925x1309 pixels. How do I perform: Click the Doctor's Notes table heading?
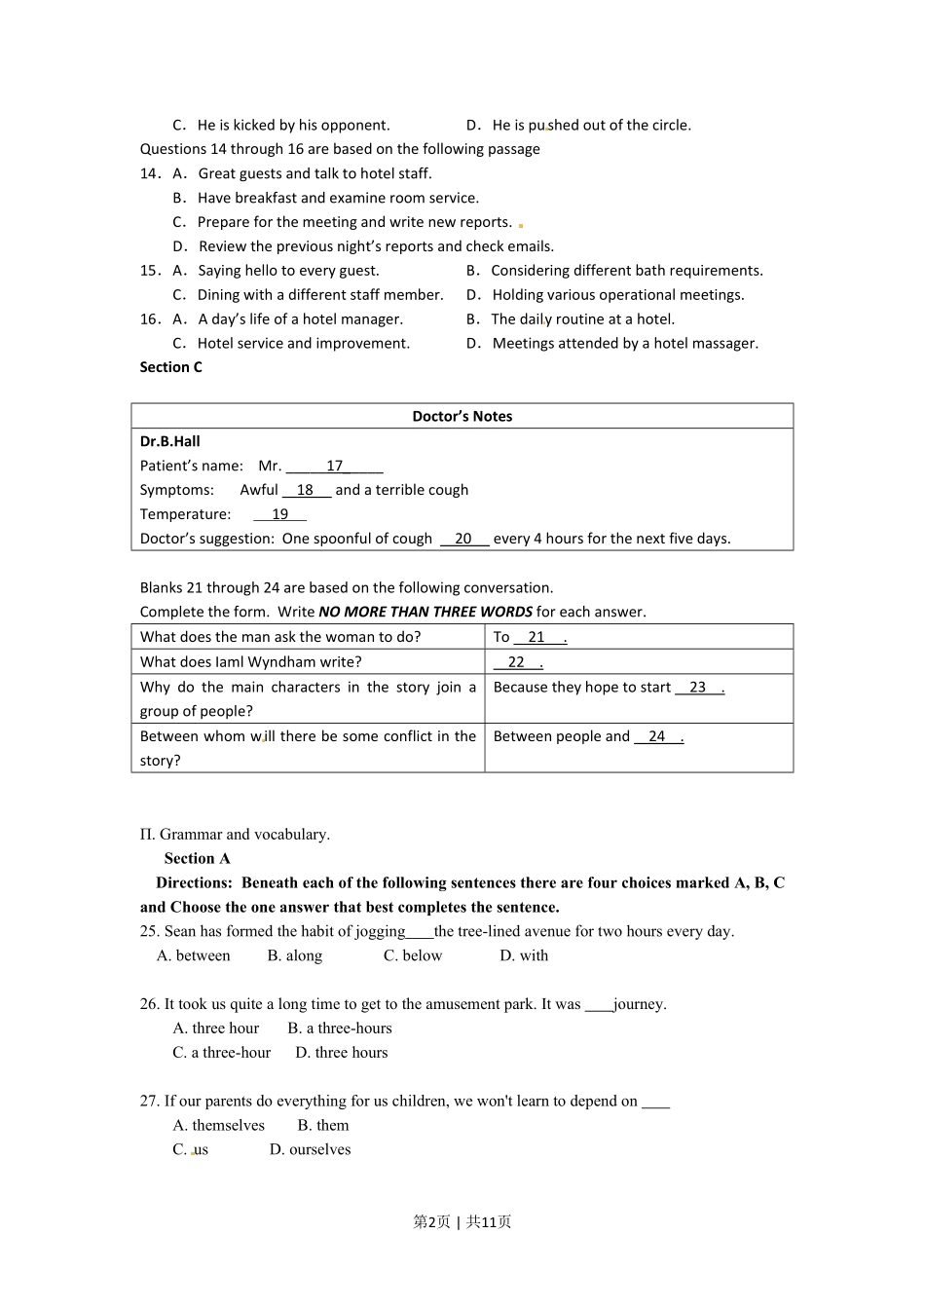coord(462,416)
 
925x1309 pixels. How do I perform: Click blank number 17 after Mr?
coord(334,466)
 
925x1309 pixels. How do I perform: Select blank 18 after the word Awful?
coord(306,490)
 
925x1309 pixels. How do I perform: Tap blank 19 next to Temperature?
coord(279,514)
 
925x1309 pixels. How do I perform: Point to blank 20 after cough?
coord(463,539)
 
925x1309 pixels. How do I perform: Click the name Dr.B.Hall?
coord(170,441)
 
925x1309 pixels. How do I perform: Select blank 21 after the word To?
coord(537,637)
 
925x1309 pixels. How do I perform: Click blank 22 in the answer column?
coord(517,662)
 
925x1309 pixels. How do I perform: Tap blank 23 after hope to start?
coord(698,687)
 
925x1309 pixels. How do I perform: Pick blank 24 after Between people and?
coord(657,736)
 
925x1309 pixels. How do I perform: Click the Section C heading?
coord(171,367)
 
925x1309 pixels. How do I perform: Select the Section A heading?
coord(198,858)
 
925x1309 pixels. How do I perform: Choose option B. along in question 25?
coord(295,955)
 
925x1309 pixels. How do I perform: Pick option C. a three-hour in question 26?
coord(222,1052)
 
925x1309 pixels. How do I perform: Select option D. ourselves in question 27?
coord(310,1149)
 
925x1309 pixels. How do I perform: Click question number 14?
coord(150,173)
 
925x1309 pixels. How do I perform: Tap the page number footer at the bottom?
coord(462,1221)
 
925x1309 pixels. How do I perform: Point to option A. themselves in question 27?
coord(219,1125)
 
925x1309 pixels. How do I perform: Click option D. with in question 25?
coord(524,955)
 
